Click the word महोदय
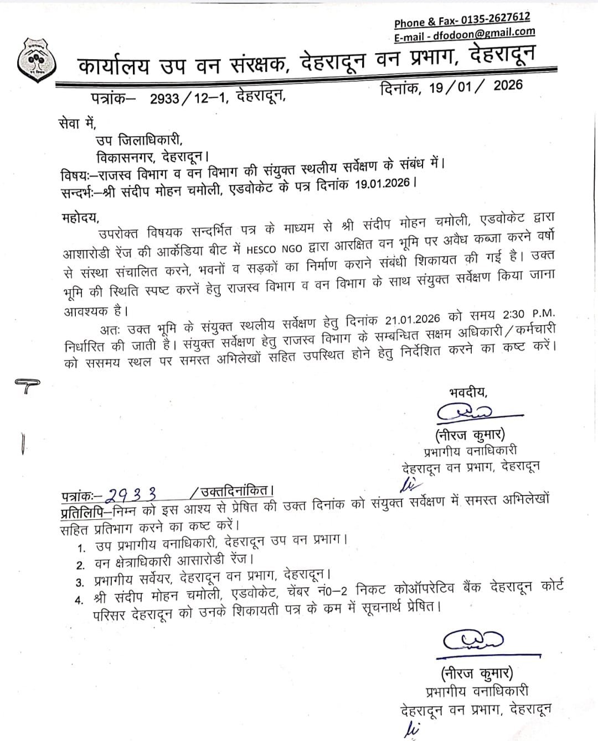click(x=79, y=216)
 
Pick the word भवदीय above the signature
click(x=468, y=393)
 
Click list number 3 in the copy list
click(x=80, y=582)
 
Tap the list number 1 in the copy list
click(x=81, y=548)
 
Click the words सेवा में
click(x=76, y=123)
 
